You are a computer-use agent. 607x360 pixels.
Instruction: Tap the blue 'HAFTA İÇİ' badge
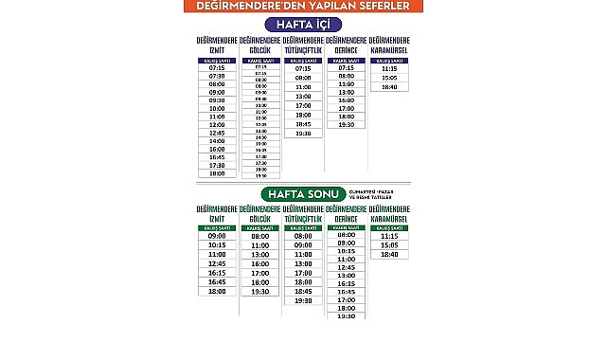pos(303,24)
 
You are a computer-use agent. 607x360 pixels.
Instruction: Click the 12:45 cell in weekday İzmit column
pos(217,133)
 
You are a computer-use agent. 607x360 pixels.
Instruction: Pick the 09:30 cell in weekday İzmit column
pos(217,99)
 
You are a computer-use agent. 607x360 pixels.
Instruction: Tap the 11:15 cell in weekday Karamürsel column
pos(388,68)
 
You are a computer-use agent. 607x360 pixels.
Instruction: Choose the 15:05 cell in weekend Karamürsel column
pos(388,245)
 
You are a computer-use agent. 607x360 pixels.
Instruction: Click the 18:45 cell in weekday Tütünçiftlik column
pos(303,123)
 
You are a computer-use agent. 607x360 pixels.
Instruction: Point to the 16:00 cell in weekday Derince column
pos(346,99)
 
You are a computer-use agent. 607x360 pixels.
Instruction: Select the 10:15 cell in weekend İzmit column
pos(217,245)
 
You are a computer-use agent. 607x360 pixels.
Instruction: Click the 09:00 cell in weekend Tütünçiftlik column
pos(303,245)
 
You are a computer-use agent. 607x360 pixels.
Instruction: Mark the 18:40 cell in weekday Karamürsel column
pos(388,87)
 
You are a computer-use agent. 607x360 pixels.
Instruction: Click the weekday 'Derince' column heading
pos(346,45)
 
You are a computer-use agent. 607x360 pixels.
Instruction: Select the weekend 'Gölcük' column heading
pos(259,213)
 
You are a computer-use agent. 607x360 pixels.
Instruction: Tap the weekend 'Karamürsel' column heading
pos(388,213)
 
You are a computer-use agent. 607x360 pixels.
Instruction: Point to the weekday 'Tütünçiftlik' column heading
pos(303,45)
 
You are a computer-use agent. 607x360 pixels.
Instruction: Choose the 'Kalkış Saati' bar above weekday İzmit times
pos(217,60)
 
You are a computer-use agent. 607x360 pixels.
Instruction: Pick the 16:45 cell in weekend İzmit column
pos(217,281)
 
